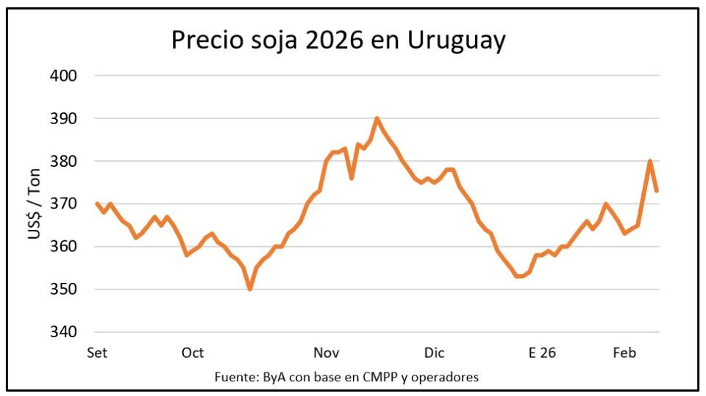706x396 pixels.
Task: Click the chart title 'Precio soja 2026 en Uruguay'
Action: coord(338,40)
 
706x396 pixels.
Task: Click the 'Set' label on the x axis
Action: coord(97,353)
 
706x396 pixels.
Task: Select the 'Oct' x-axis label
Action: coord(193,353)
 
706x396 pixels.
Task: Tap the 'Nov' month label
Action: coord(327,353)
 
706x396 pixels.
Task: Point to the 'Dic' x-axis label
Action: coord(434,353)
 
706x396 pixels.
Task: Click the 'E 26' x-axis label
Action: coord(542,353)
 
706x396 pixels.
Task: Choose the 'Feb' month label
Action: coord(625,353)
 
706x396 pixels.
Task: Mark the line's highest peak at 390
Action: coord(377,118)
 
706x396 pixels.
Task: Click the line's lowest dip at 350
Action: coord(250,289)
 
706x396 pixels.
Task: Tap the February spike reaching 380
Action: coord(650,161)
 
